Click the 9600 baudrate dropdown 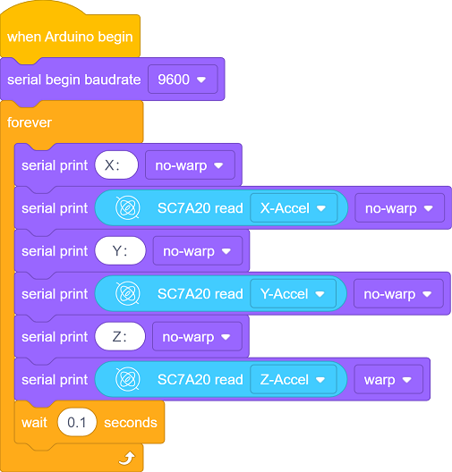tap(183, 80)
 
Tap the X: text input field tap(116, 165)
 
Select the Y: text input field tap(120, 250)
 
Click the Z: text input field tap(120, 336)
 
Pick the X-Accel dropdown tap(294, 208)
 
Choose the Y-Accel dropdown tap(293, 294)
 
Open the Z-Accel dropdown tap(294, 380)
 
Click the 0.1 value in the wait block tap(77, 422)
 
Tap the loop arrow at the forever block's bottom tap(127, 459)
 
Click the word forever tap(30, 122)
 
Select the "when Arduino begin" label tap(70, 37)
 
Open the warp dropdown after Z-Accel tap(388, 380)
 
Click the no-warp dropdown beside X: tap(190, 165)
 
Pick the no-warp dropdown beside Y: tap(198, 250)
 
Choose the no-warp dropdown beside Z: tap(198, 336)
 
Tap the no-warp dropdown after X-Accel tap(399, 208)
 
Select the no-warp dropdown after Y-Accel tap(398, 294)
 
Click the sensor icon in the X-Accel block tap(128, 207)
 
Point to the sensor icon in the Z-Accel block tap(128, 379)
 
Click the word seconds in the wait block tap(131, 423)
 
